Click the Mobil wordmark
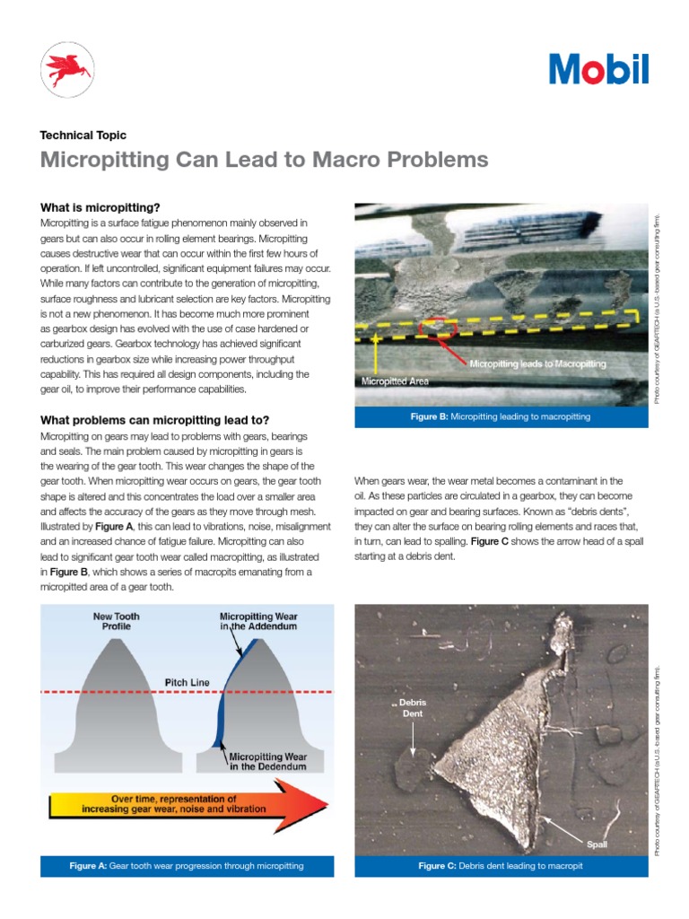(x=598, y=69)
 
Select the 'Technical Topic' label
(x=83, y=136)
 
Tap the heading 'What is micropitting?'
(x=100, y=207)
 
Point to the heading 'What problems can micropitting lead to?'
(x=154, y=420)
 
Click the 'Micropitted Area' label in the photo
(x=395, y=381)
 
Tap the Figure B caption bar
(x=501, y=417)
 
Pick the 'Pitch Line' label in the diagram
(x=187, y=682)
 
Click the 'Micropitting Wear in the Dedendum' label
(x=269, y=761)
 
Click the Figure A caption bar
(x=187, y=866)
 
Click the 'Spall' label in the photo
(x=597, y=845)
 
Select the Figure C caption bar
(x=501, y=866)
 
